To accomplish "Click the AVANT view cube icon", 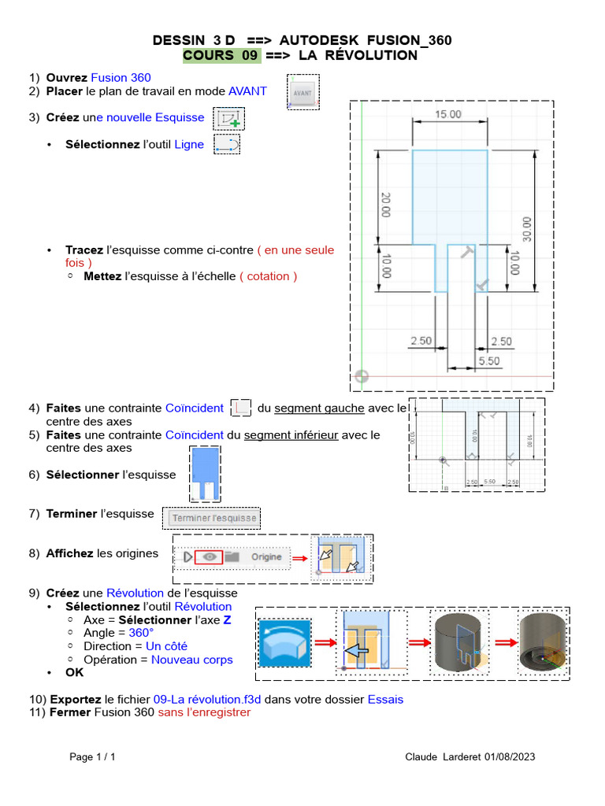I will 302,92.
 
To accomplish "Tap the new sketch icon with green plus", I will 229,118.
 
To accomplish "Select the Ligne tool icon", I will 227,144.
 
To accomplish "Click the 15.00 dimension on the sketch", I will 448,114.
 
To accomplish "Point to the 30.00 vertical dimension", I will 526,228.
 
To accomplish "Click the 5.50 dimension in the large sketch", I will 488,360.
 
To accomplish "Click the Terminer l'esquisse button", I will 214,518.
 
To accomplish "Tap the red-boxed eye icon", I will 209,556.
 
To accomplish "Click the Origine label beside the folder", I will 266,556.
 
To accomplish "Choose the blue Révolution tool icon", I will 285,644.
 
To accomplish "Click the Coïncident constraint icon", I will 242,408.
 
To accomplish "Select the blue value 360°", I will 141,633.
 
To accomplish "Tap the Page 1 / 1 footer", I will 92,757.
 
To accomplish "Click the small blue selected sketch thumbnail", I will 206,474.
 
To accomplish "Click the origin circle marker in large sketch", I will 362,376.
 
